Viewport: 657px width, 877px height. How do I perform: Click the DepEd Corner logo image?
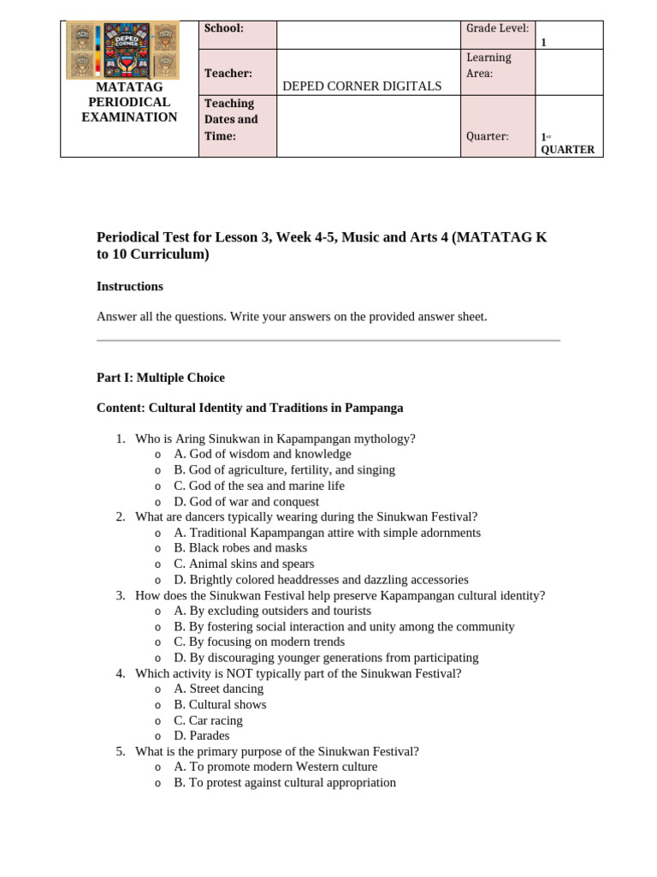tap(122, 50)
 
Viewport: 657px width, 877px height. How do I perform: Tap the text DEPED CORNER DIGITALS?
tap(362, 86)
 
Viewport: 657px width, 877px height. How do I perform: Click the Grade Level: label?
tap(497, 28)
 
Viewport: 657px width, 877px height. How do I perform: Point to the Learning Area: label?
tap(488, 65)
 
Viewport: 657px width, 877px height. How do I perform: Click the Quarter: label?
tap(487, 135)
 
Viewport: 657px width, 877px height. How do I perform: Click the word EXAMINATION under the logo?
tap(129, 117)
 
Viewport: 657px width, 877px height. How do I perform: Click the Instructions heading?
tap(130, 286)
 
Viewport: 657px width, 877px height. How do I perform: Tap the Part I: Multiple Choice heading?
tap(161, 378)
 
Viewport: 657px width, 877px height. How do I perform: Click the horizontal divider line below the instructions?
tap(328, 341)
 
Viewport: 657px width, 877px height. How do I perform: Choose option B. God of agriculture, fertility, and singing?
tap(284, 470)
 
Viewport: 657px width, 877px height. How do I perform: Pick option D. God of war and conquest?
tap(246, 502)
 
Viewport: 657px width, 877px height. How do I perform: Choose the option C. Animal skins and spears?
tap(244, 564)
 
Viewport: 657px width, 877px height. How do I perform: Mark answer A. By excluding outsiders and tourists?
tap(272, 611)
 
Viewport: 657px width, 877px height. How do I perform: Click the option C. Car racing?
tap(209, 720)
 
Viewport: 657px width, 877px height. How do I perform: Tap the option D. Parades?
tap(201, 736)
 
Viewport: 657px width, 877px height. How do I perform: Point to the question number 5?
tap(121, 751)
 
